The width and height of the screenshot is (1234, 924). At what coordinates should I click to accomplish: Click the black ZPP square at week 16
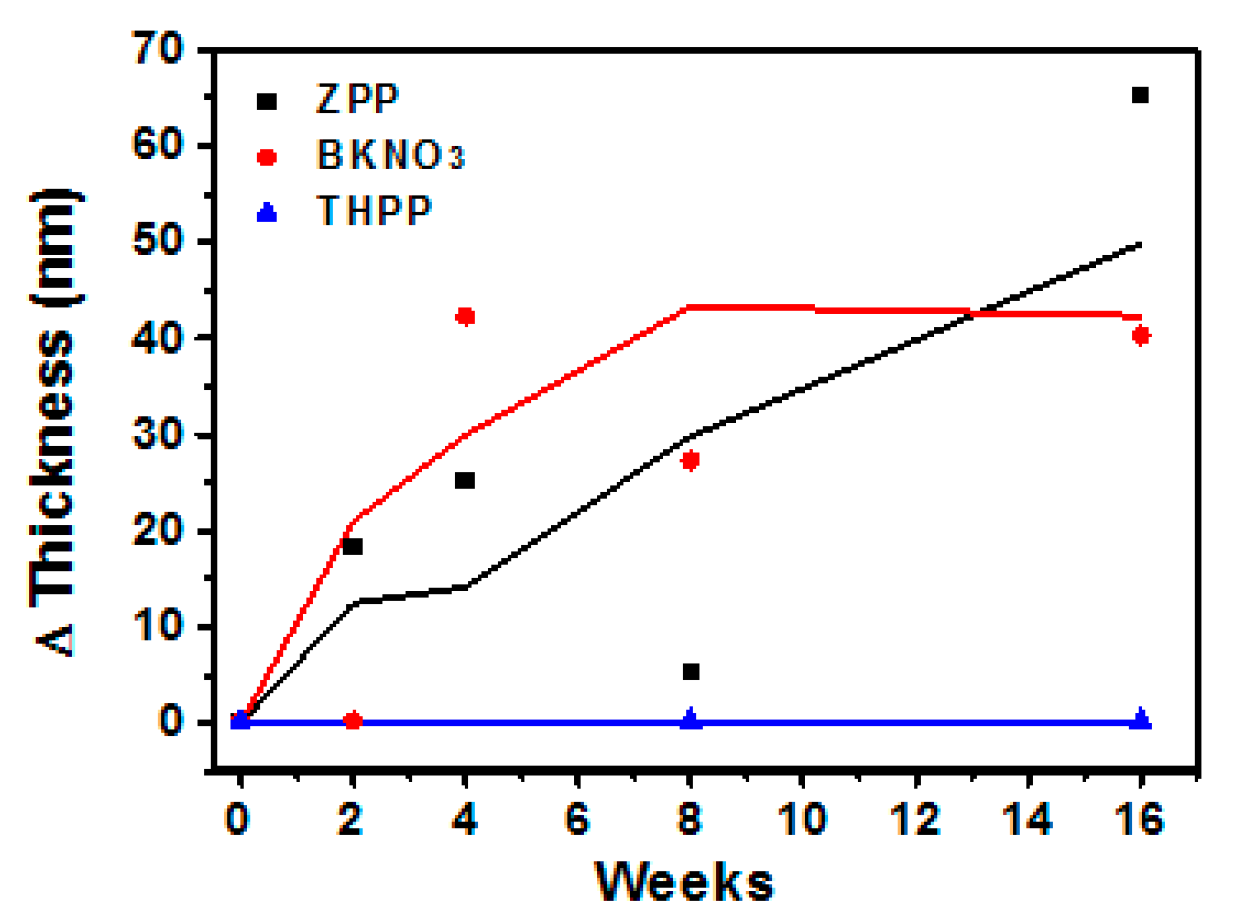(x=1140, y=95)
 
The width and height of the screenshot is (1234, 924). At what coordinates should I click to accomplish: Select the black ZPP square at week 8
(x=691, y=672)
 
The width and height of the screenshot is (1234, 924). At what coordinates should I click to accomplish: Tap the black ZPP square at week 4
(x=465, y=480)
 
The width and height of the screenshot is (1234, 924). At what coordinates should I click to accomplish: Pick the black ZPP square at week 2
(x=352, y=546)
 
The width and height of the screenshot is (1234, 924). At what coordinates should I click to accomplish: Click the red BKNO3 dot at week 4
(x=465, y=317)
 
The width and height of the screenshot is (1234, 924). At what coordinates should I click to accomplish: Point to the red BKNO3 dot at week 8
(x=691, y=460)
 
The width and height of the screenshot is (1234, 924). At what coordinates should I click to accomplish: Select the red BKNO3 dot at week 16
(x=1142, y=335)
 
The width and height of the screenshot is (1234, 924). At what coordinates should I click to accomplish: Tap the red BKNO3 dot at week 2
(x=353, y=721)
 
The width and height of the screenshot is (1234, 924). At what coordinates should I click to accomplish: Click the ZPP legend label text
(x=357, y=99)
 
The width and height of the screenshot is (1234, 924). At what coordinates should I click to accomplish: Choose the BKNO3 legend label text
(x=390, y=154)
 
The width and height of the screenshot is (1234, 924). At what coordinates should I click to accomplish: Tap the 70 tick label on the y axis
(x=157, y=48)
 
